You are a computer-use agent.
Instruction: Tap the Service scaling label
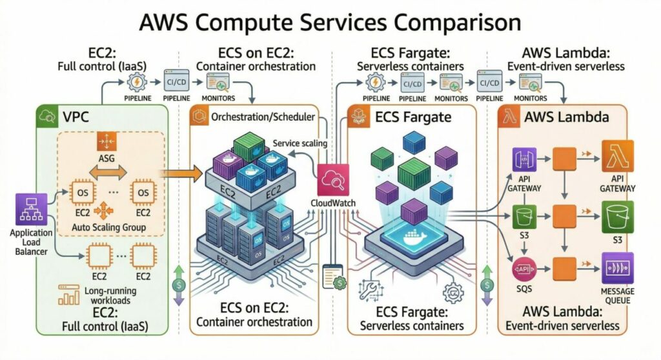(x=300, y=143)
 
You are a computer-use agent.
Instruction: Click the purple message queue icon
(x=618, y=267)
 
